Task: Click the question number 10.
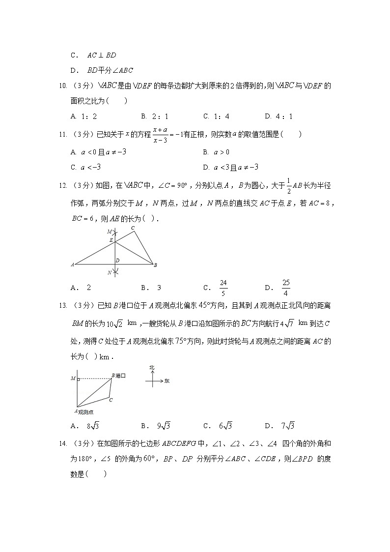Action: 62,87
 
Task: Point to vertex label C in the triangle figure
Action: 133,228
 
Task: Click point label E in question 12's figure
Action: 111,239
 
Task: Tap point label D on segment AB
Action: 117,260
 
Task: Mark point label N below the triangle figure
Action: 110,272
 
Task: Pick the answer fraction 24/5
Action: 223,287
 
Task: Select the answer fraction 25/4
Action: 286,287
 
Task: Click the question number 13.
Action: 62,306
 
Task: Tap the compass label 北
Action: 152,367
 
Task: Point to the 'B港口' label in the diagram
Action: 118,376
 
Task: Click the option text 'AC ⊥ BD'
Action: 101,56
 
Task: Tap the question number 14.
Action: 62,444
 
